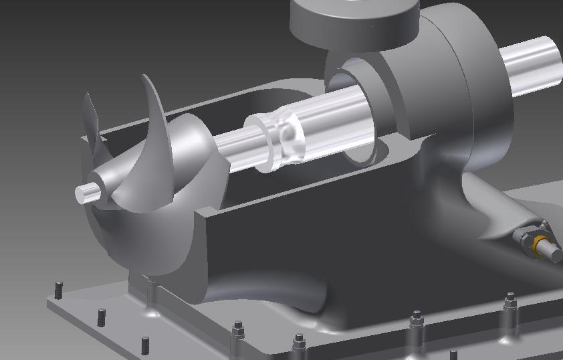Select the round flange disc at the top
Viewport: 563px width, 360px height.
pos(354,20)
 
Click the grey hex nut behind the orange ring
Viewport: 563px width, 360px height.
pos(525,238)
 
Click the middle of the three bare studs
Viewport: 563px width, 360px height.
pos(102,317)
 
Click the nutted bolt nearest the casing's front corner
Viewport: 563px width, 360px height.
pos(237,329)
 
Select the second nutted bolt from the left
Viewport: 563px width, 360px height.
pos(299,343)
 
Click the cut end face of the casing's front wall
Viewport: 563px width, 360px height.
pos(201,254)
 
